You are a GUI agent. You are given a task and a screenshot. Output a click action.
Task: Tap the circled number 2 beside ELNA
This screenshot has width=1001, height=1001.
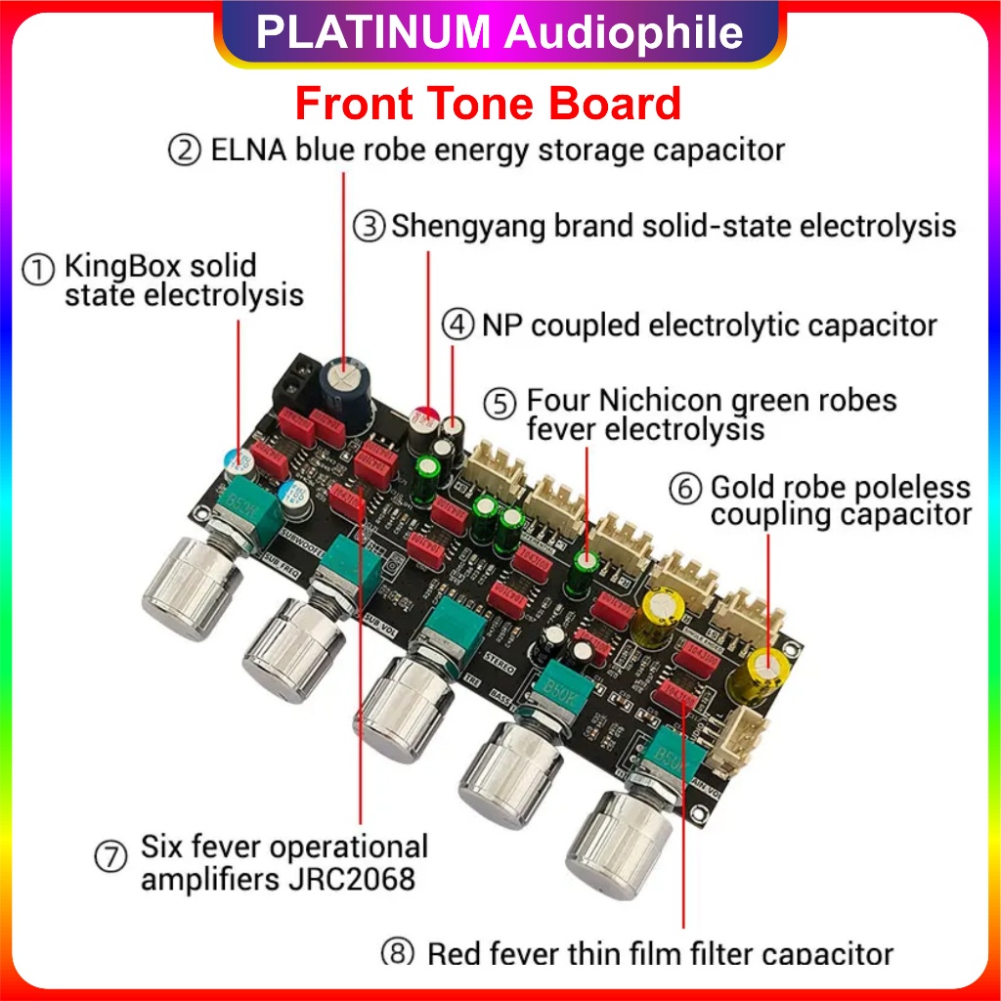(x=184, y=152)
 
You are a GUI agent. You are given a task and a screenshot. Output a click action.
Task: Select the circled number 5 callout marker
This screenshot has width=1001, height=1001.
(x=500, y=403)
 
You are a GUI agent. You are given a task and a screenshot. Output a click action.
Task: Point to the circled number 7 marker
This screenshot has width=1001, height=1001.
(x=110, y=857)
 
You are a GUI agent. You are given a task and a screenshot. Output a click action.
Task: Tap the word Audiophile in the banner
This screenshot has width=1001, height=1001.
(x=625, y=33)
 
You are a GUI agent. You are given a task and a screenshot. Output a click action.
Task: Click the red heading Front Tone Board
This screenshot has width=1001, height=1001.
(x=488, y=104)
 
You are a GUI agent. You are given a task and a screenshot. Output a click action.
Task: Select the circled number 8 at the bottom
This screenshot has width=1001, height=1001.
(x=397, y=953)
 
